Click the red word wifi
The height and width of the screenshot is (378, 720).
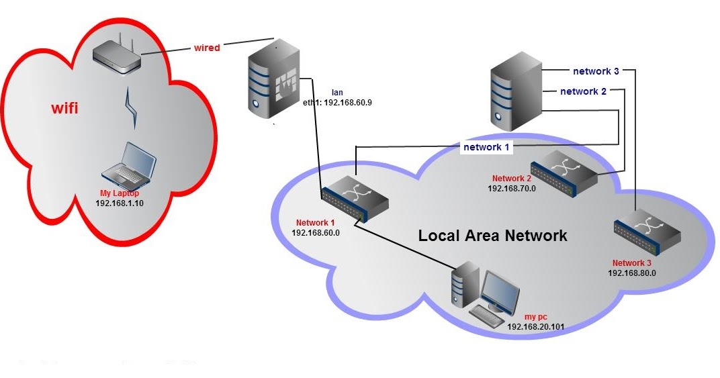click(66, 107)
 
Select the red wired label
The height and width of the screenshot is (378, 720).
click(207, 48)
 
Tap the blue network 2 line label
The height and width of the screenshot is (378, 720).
click(583, 91)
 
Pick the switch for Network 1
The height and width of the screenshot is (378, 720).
click(354, 198)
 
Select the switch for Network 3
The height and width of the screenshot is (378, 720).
click(647, 231)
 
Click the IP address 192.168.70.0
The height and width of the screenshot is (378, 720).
click(512, 189)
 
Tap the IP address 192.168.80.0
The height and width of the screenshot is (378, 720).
click(632, 273)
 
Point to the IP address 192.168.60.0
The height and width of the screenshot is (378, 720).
click(316, 232)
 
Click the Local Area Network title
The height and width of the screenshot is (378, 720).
click(492, 236)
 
